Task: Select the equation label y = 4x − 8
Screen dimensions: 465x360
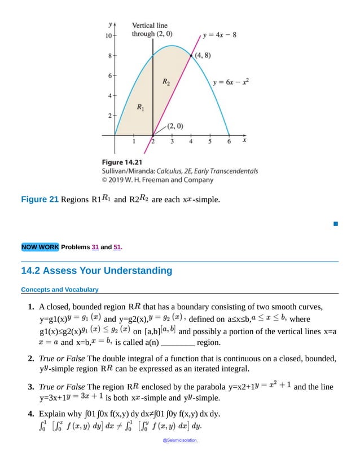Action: coord(220,34)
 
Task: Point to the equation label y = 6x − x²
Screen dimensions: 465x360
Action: coord(231,82)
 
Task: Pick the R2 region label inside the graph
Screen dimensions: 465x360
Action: coord(166,82)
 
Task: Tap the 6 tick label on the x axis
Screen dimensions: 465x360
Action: coord(229,142)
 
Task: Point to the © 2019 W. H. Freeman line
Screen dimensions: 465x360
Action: coord(157,180)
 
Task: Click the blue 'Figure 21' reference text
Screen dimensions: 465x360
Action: coord(39,200)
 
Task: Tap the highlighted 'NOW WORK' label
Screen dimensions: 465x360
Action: coord(39,247)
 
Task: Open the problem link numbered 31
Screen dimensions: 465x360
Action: coord(95,247)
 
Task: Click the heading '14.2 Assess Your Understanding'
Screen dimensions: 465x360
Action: coord(96,271)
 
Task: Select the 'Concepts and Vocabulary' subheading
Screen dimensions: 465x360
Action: coord(60,290)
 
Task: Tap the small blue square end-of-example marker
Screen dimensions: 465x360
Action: coord(335,224)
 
